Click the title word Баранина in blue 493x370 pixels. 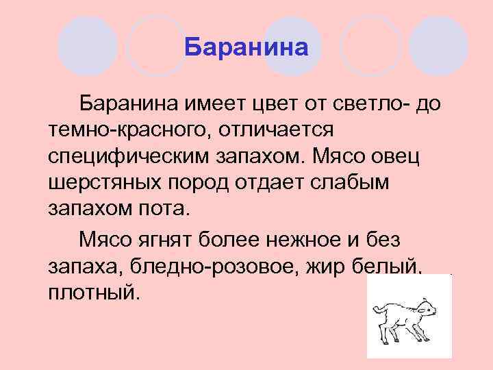tap(247, 48)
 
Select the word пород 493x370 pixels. tap(199, 183)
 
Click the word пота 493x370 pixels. tap(166, 210)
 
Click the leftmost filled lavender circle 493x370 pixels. tap(87, 45)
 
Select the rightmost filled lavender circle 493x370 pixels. tap(439, 45)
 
